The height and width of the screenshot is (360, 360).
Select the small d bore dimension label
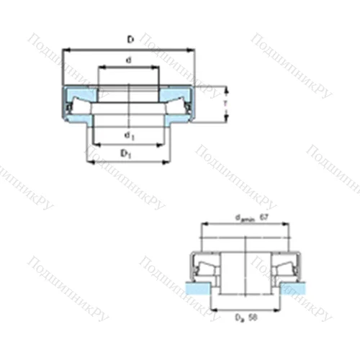128,60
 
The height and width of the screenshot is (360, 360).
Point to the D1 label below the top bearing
125,153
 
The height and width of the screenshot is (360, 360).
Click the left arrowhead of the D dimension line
66,50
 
